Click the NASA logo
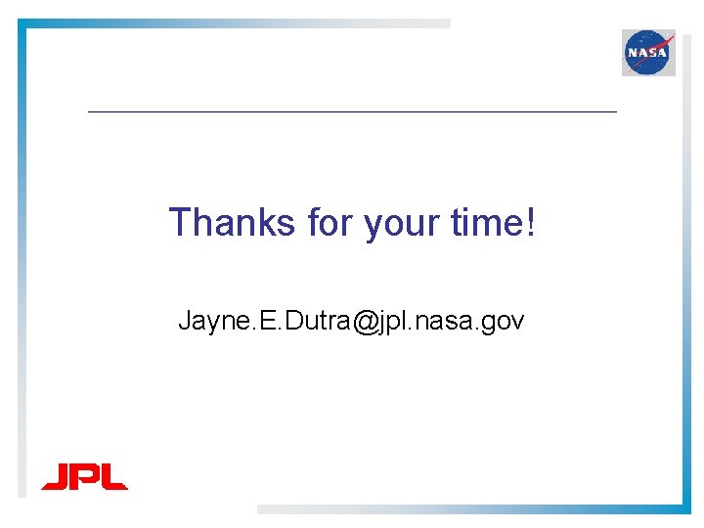pyautogui.click(x=648, y=52)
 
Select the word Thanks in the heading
pyautogui.click(x=232, y=223)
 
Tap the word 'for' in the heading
pyautogui.click(x=330, y=223)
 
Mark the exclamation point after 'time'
pyautogui.click(x=531, y=223)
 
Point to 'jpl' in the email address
pyautogui.click(x=396, y=321)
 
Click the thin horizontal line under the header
pyautogui.click(x=352, y=112)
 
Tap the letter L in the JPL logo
pyautogui.click(x=112, y=477)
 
